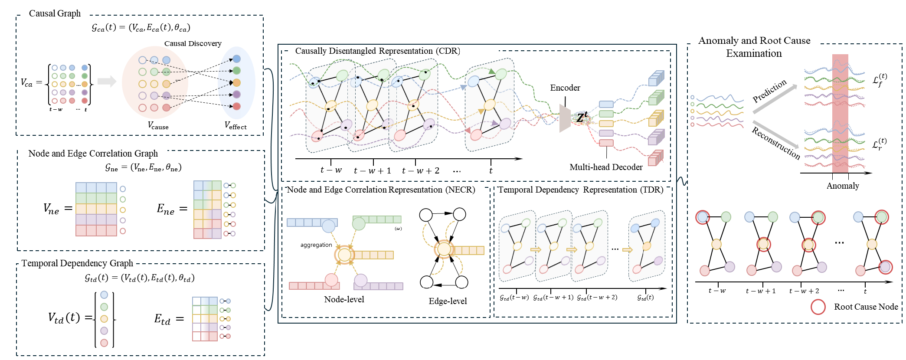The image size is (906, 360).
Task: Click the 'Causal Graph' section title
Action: point(55,13)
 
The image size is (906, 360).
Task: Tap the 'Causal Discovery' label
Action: point(193,43)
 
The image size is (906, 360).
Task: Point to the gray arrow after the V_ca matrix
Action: point(107,81)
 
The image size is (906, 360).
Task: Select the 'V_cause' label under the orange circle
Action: point(158,126)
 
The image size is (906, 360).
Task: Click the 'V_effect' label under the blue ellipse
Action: point(235,125)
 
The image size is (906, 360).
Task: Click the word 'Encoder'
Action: point(565,88)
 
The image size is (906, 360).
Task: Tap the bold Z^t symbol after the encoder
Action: point(582,117)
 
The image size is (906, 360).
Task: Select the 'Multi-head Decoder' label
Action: point(605,167)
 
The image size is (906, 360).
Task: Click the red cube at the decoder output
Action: point(656,158)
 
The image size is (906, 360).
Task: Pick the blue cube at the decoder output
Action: point(656,79)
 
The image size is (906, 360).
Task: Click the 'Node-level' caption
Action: point(344,299)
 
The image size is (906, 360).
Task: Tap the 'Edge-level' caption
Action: point(448,301)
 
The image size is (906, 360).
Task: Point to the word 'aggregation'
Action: point(316,245)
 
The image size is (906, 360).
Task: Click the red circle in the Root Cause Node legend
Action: point(818,307)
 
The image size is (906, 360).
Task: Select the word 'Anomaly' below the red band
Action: point(842,186)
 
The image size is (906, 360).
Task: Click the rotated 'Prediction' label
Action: point(769,91)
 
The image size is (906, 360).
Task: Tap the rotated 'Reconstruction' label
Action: point(776,143)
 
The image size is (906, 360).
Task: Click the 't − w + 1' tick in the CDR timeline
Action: point(372,170)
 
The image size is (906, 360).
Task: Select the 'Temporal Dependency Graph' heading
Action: point(77,263)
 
